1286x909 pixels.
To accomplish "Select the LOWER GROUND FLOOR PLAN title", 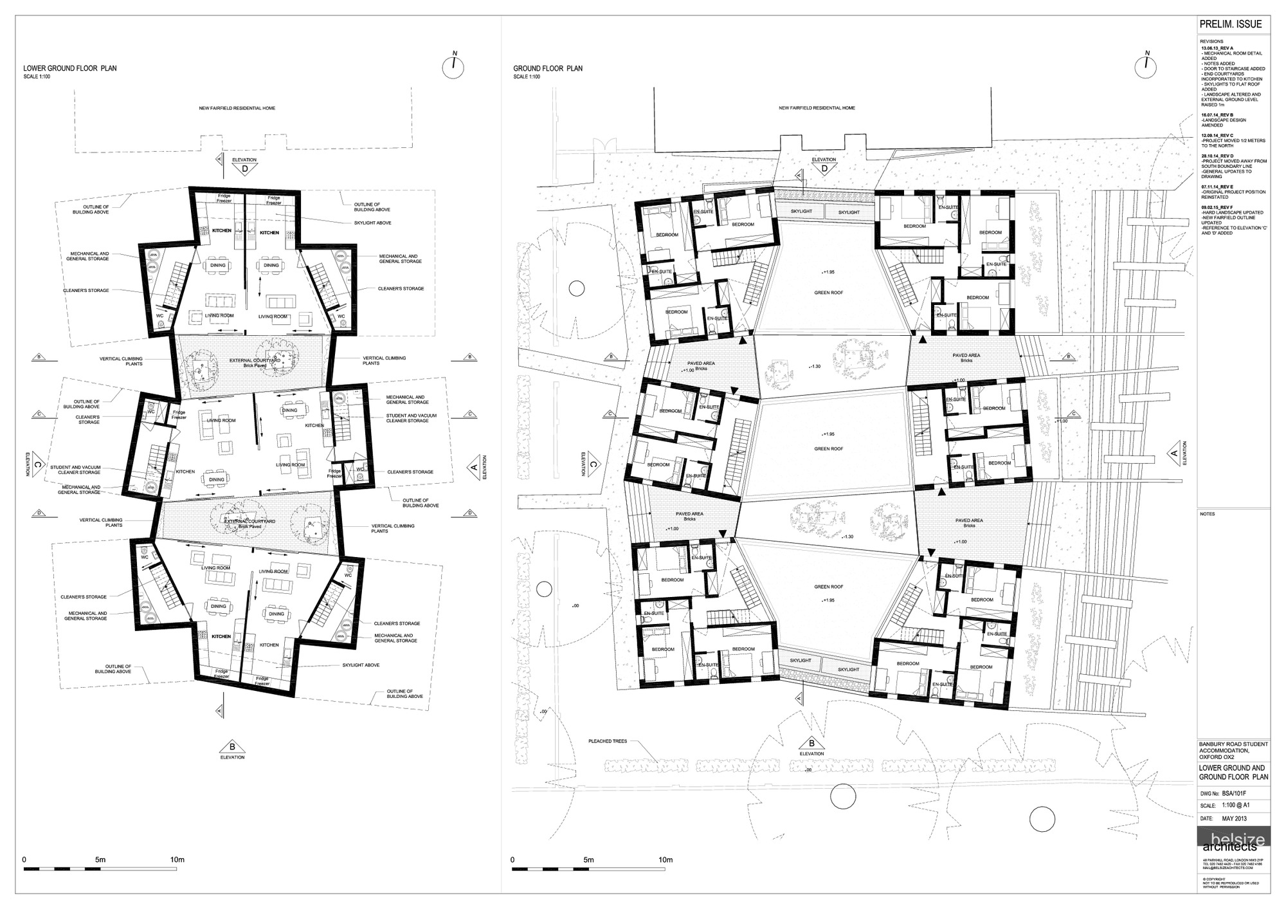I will click(x=70, y=68).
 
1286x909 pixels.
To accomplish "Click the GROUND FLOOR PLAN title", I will click(x=548, y=68).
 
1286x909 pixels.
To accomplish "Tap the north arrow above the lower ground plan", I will click(x=453, y=66).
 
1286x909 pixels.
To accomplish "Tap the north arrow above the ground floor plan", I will click(x=1148, y=65).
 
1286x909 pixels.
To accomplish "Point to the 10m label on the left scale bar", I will click(x=177, y=859).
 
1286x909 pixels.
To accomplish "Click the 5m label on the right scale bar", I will click(x=588, y=859).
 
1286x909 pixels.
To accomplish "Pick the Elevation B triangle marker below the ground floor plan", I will click(x=811, y=742).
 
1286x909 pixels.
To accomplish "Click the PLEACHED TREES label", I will click(x=608, y=741).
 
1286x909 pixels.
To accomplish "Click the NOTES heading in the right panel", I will click(x=1207, y=514).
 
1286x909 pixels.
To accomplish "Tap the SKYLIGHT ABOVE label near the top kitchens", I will click(x=373, y=223).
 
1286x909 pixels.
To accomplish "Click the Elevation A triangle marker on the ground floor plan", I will click(x=1173, y=454).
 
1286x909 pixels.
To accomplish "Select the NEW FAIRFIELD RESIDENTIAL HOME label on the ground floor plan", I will click(x=817, y=108).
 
